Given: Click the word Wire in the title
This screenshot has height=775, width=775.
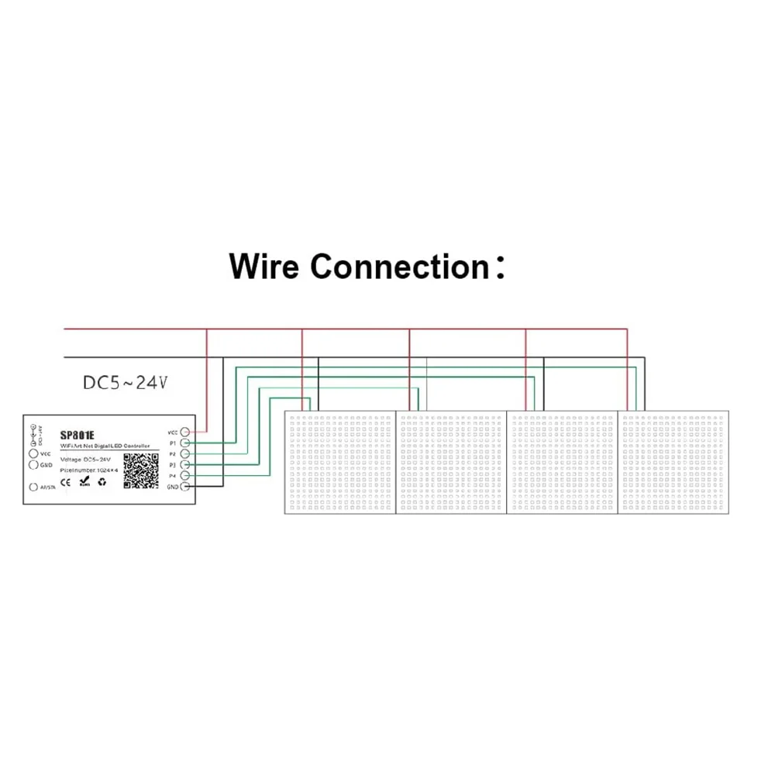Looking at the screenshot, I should (x=264, y=267).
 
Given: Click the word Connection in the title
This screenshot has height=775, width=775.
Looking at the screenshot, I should (x=398, y=267).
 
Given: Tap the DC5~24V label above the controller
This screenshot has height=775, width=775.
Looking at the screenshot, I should (x=125, y=382).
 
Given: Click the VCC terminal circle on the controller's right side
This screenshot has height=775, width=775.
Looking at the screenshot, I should (x=186, y=431).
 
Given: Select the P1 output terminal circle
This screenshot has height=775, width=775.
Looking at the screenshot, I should (x=186, y=442).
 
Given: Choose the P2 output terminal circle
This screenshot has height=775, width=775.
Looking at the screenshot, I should (x=186, y=453).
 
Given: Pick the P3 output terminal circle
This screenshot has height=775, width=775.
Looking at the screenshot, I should (x=186, y=464).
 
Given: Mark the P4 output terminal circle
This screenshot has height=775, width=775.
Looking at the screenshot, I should (x=186, y=475).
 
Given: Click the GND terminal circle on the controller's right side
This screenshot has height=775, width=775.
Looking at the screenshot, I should (x=186, y=486).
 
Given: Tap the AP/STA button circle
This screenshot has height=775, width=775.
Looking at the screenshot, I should (x=33, y=487).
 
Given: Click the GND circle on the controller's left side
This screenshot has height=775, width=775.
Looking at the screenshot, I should (x=33, y=465).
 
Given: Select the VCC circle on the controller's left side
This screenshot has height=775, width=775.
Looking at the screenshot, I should (x=33, y=453).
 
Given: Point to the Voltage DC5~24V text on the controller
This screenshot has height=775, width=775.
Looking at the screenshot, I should (x=85, y=460).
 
